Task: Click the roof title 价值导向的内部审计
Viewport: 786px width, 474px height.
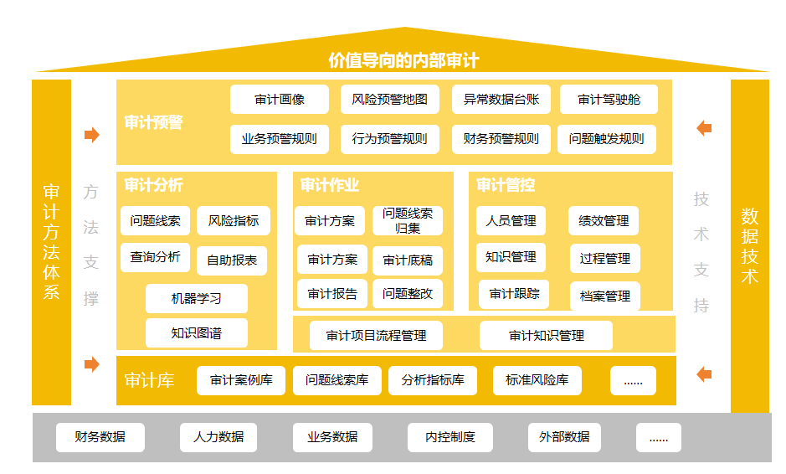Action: click(403, 60)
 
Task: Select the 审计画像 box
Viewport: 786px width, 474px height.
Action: click(280, 100)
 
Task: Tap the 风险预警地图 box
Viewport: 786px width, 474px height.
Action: click(389, 100)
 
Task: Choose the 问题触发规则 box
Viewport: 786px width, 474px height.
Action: click(607, 139)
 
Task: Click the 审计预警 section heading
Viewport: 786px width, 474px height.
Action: click(153, 122)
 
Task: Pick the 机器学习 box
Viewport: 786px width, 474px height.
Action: click(197, 298)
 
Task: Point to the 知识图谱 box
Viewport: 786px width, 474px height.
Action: click(197, 333)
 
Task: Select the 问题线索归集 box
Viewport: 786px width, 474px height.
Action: click(408, 221)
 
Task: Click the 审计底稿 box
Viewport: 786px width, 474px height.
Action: click(408, 260)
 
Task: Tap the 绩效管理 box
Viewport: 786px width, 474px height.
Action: click(604, 221)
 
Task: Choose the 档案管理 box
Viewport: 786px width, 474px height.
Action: click(605, 296)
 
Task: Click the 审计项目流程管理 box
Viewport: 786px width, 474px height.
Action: click(376, 335)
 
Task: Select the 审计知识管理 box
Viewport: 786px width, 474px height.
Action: click(546, 335)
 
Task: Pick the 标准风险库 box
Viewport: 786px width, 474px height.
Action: click(537, 380)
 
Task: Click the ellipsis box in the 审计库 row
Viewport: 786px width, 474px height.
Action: click(633, 380)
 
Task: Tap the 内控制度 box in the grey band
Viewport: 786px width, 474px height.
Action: click(450, 437)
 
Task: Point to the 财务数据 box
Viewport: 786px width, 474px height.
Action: click(100, 437)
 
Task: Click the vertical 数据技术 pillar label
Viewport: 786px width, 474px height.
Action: click(750, 245)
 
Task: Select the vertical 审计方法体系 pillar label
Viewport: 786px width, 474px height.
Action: click(51, 242)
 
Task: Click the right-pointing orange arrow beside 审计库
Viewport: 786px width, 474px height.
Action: click(92, 364)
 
